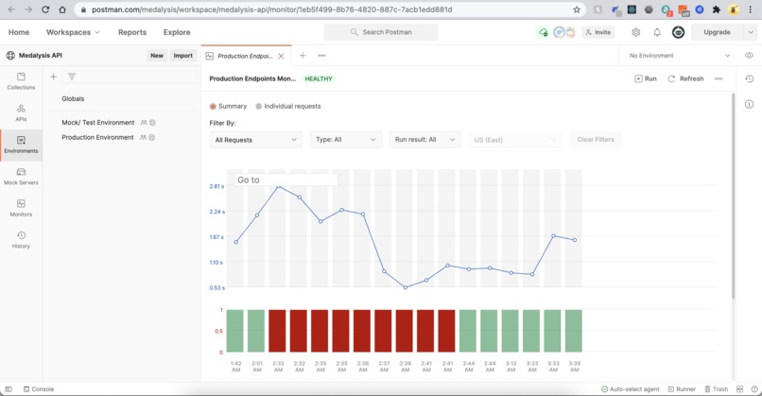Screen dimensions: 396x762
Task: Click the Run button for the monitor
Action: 646,78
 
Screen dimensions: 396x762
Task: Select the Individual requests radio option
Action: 288,107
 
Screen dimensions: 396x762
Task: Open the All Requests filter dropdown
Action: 255,140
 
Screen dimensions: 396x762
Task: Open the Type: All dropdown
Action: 345,140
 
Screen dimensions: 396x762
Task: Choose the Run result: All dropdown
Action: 424,140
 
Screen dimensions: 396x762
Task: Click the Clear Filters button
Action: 596,140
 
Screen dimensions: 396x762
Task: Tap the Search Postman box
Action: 381,32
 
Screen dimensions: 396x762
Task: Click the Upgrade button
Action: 717,32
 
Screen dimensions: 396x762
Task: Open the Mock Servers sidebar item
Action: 21,176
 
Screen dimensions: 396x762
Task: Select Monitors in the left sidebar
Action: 21,208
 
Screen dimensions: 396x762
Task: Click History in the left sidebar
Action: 21,239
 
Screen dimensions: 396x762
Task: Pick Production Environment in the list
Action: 97,137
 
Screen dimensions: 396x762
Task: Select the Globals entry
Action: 73,98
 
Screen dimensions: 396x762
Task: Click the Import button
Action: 182,56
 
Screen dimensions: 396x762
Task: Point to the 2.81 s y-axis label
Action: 216,186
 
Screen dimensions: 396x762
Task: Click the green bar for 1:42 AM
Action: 235,331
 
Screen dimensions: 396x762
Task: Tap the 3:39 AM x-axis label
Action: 574,366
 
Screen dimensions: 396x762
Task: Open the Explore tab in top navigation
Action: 177,32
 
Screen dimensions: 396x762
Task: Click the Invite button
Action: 597,32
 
